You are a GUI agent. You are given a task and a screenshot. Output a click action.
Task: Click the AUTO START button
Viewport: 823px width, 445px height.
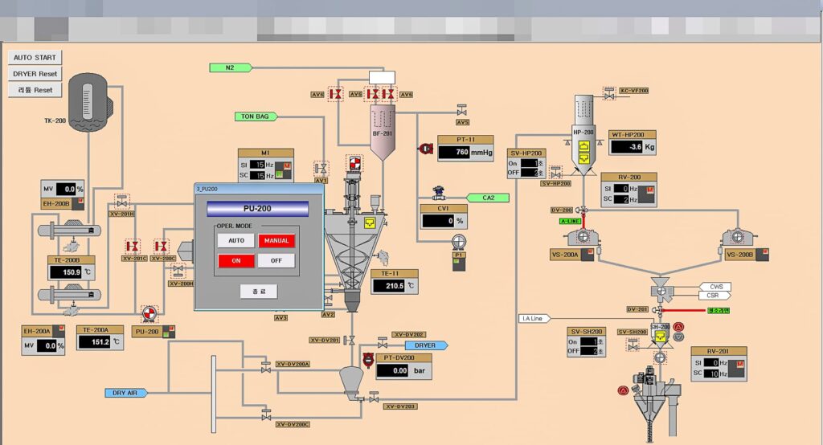[x=35, y=58]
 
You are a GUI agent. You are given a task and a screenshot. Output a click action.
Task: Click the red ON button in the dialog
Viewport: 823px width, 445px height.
[x=236, y=260]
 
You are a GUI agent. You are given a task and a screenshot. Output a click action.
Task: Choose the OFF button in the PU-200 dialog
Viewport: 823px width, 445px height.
[x=276, y=260]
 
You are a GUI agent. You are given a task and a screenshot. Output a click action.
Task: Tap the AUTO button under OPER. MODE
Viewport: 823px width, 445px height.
[x=236, y=240]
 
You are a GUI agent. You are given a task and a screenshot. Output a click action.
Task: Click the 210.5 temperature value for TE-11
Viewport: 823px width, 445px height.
[x=394, y=285]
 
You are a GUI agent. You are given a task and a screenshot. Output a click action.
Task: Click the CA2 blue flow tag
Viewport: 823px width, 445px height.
[x=489, y=198]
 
